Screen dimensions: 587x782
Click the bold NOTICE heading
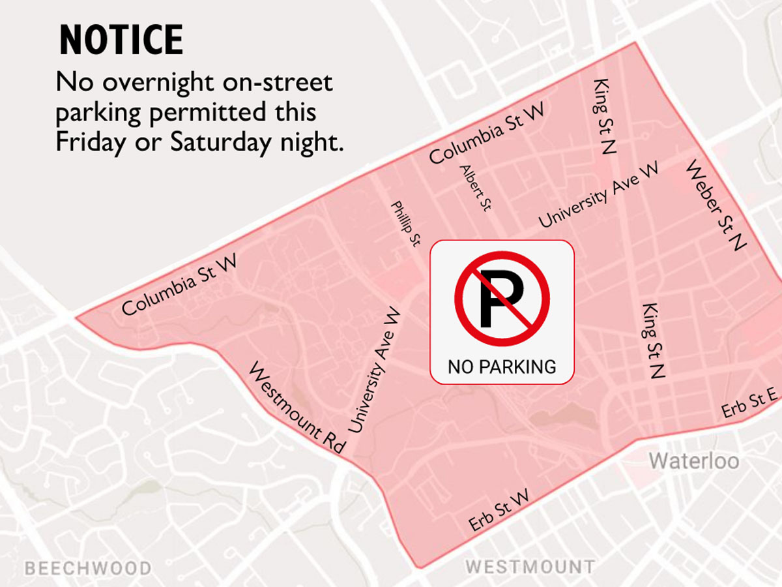121,40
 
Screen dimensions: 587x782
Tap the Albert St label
475,188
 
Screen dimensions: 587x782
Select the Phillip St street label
405,224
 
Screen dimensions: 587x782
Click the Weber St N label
716,205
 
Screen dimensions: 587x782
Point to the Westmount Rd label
297,408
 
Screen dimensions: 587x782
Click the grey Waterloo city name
693,462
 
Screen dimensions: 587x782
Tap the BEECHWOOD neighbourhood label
87,568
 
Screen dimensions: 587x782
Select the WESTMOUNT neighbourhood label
529,566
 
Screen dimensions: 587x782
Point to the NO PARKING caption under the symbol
502,367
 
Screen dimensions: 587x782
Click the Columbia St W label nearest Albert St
486,134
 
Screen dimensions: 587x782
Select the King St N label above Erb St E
653,340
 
